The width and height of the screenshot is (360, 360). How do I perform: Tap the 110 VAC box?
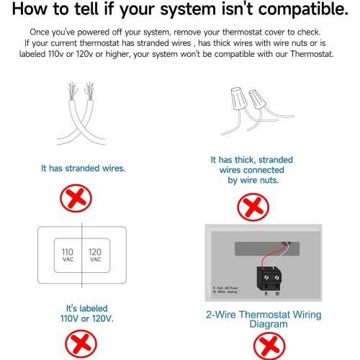tap(68, 258)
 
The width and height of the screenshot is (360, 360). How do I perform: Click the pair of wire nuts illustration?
tap(248, 115)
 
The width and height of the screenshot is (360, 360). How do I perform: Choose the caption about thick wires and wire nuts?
tap(251, 170)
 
